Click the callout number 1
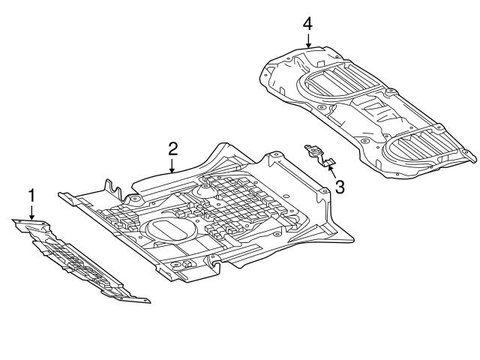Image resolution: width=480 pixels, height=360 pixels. click(x=31, y=196)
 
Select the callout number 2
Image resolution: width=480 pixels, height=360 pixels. click(x=172, y=147)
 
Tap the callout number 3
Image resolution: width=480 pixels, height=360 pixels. click(x=340, y=187)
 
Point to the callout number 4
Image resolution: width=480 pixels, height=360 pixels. click(x=307, y=24)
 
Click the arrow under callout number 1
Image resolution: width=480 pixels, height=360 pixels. click(x=31, y=212)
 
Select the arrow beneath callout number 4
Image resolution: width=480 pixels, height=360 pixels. click(x=307, y=41)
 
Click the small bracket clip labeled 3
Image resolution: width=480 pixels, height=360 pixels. click(x=319, y=155)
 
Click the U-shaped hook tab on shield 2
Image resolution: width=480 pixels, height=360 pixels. click(x=113, y=190)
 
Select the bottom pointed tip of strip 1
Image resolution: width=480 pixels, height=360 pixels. click(x=147, y=301)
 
